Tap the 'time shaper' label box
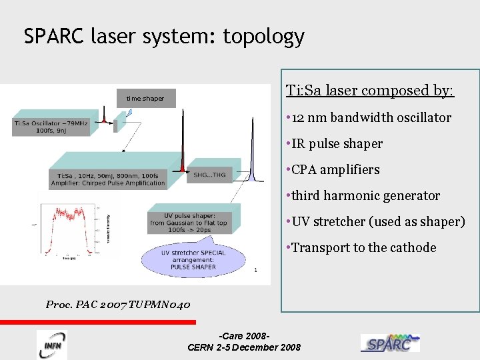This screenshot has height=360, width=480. pos(145,99)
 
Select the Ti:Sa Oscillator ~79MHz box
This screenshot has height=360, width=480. pos(50,127)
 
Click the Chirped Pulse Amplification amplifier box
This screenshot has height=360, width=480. pos(107,179)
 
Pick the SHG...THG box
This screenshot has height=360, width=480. pos(209,175)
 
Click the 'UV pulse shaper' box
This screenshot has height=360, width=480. pos(189,223)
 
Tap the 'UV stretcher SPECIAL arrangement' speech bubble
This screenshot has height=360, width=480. pos(193,260)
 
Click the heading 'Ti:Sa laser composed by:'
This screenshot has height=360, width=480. pos(369,91)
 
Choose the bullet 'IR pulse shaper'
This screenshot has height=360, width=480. pos(333,144)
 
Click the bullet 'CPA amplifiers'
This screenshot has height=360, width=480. pos(332,170)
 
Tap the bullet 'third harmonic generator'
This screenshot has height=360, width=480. pos(362,196)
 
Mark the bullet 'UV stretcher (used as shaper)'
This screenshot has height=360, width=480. pos(375,222)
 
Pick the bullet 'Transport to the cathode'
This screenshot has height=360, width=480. pos(360,248)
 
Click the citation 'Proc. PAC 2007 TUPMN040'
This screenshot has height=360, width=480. pos(118,305)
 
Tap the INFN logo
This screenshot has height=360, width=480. pos(51,344)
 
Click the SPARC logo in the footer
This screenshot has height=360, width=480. pos(390,343)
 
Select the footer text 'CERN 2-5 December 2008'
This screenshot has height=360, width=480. pos(244,347)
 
